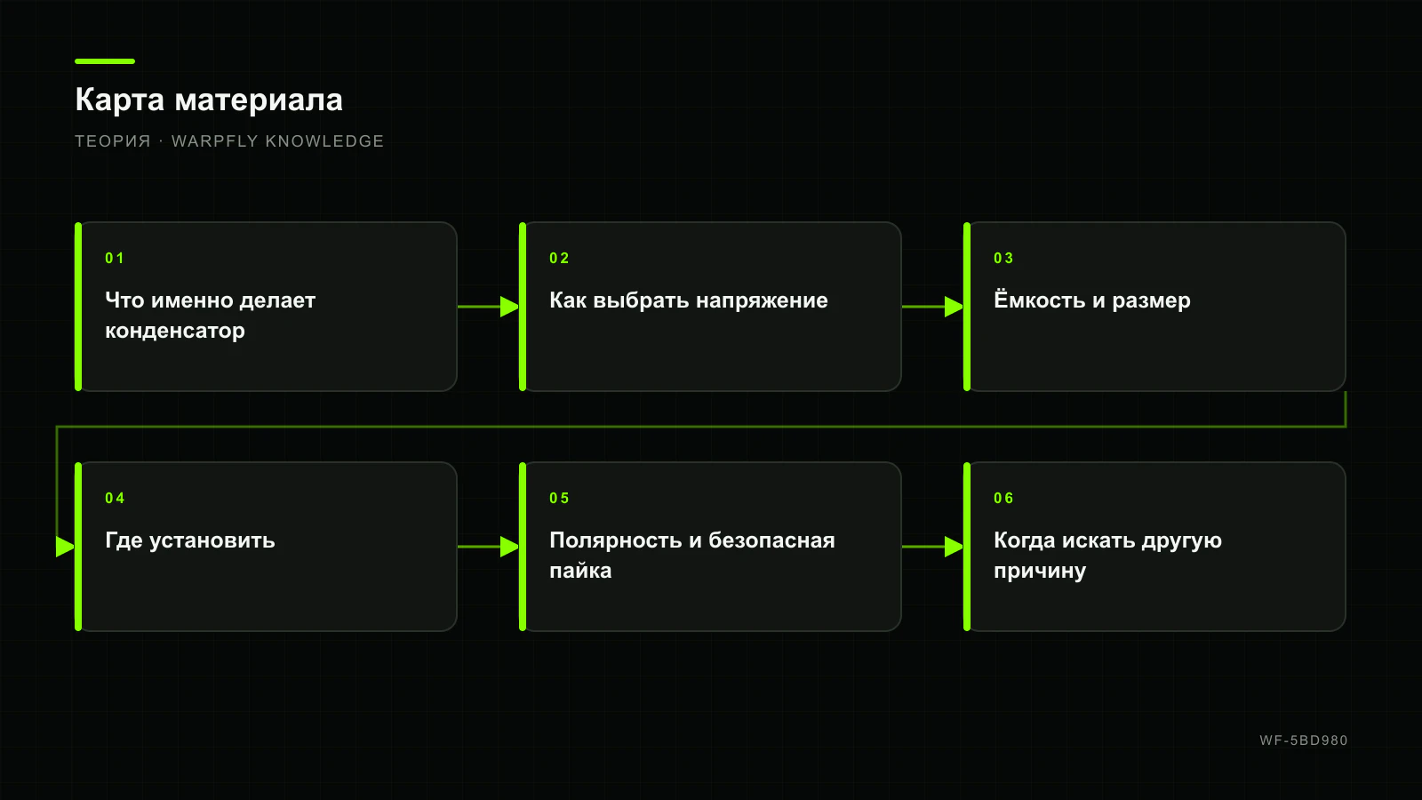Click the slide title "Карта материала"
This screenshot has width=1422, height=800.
[209, 100]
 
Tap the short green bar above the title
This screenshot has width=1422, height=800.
[105, 61]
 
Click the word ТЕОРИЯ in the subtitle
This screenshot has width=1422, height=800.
[113, 141]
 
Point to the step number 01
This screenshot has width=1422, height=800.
[115, 258]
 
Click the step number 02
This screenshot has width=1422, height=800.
[559, 258]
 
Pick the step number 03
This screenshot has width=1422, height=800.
[1003, 258]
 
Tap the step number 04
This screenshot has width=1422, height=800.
[115, 498]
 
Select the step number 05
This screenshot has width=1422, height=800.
[559, 498]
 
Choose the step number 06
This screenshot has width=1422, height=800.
[1003, 498]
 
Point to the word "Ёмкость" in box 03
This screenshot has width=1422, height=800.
[1039, 300]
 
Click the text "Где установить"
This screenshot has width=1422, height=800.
[190, 541]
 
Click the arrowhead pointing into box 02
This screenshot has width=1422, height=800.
[510, 307]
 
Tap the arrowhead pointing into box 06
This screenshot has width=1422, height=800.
[955, 547]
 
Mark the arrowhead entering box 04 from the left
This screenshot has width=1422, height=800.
[66, 547]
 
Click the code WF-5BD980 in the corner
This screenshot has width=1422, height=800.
[1304, 740]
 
